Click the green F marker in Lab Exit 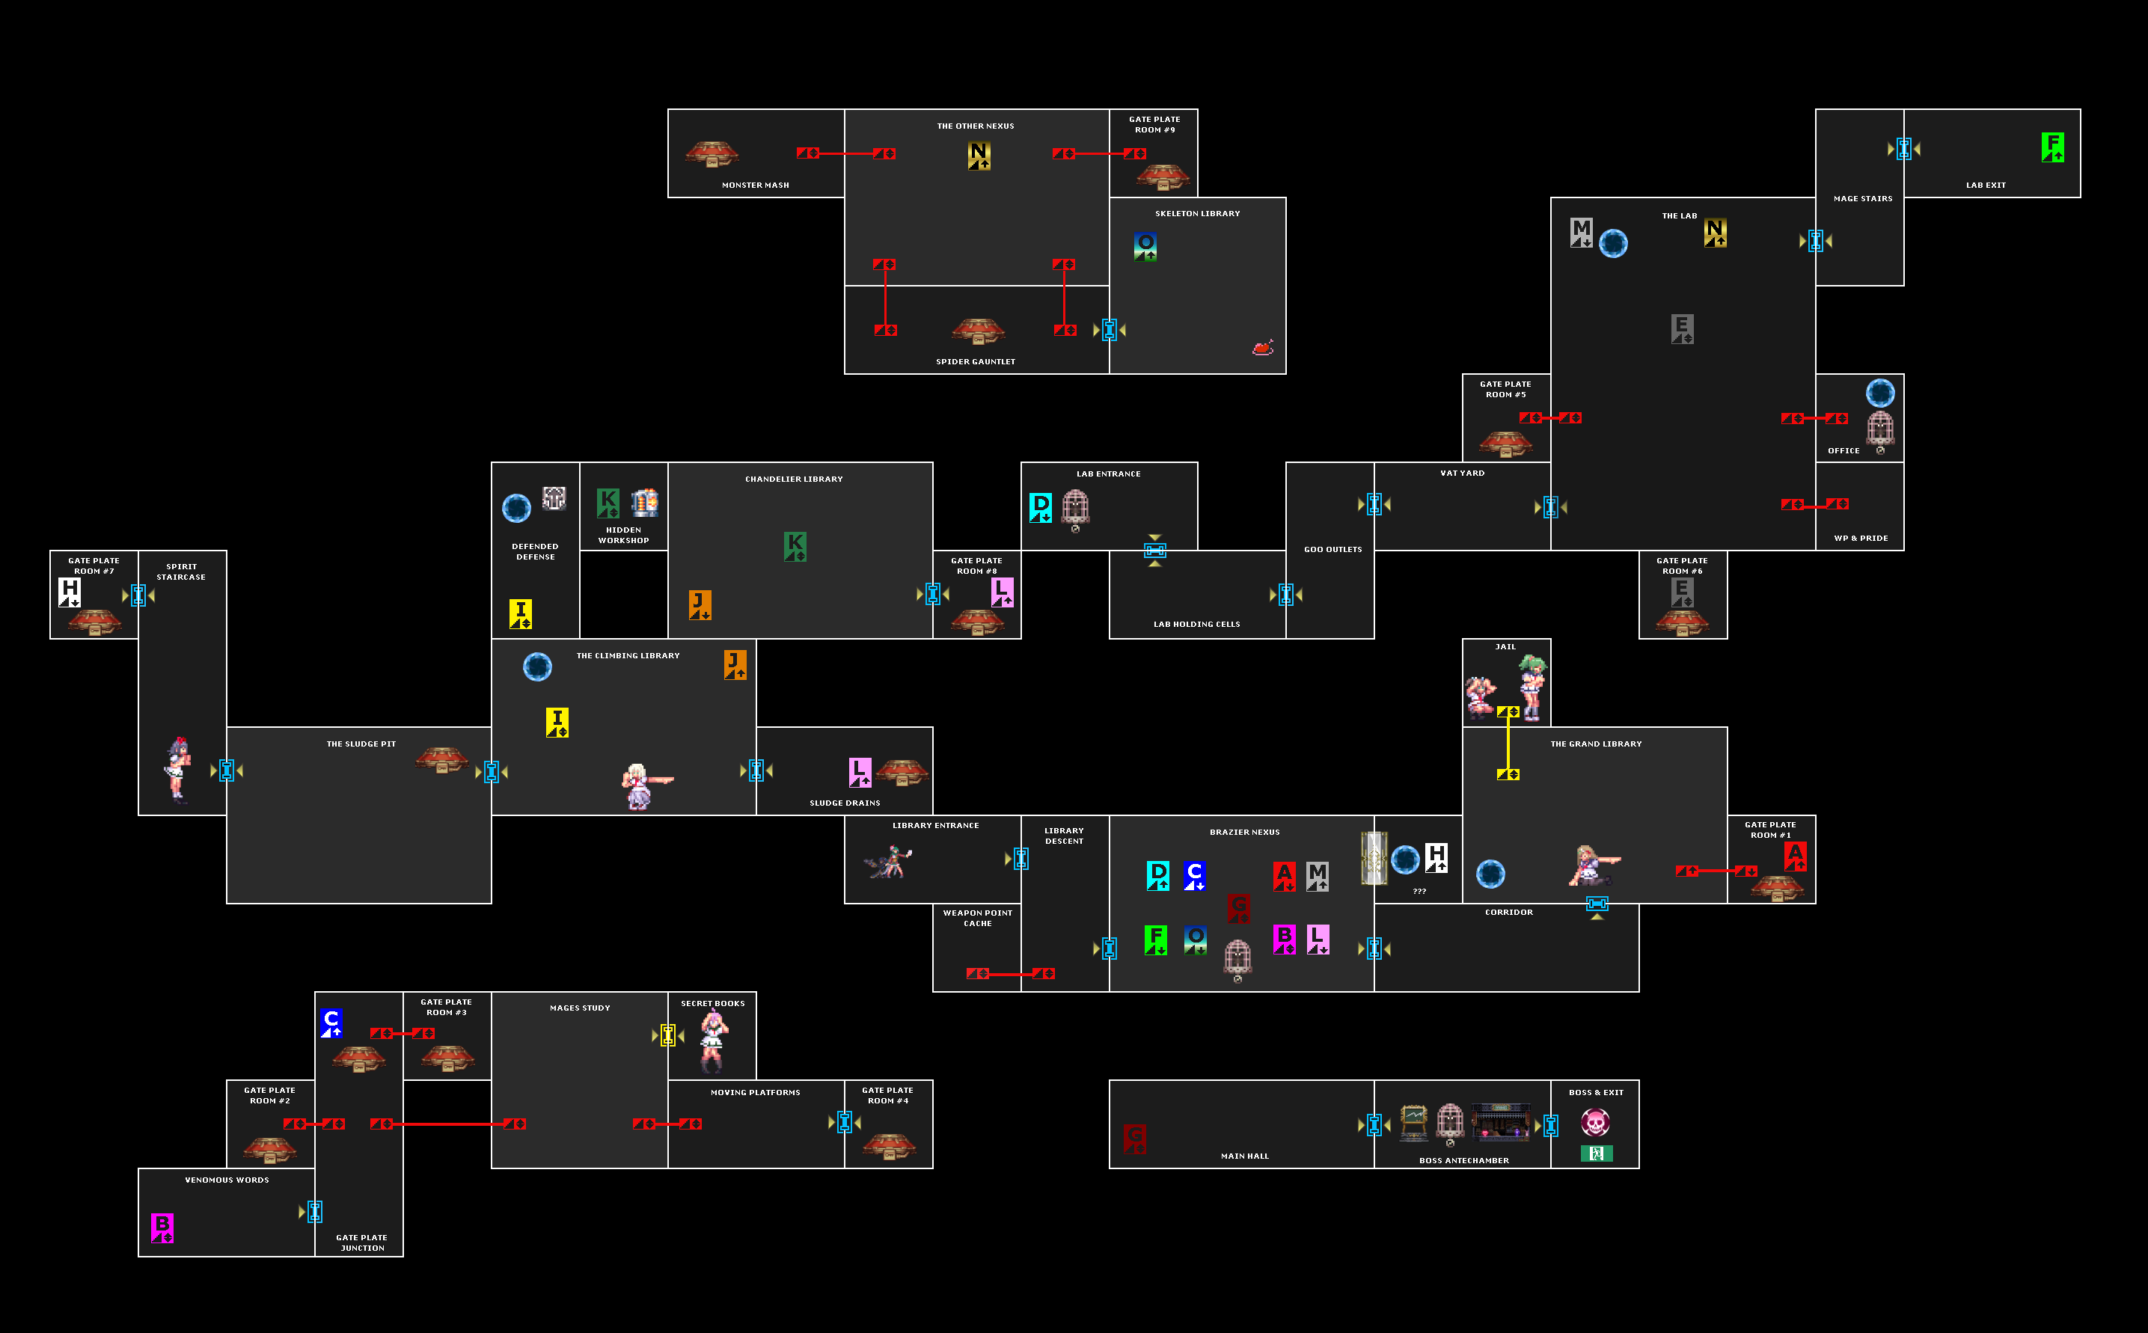pyautogui.click(x=2052, y=147)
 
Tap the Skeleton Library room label pyautogui.click(x=1196, y=213)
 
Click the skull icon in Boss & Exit pyautogui.click(x=1595, y=1122)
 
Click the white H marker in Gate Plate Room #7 pyautogui.click(x=70, y=592)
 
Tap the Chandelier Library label pyautogui.click(x=794, y=479)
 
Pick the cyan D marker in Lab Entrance pyautogui.click(x=1041, y=507)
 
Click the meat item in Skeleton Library pyautogui.click(x=1263, y=347)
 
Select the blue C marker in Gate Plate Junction pyautogui.click(x=331, y=1023)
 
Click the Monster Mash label pyautogui.click(x=755, y=186)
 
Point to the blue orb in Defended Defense pyautogui.click(x=517, y=508)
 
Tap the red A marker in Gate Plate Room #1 pyautogui.click(x=1796, y=855)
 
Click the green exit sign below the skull pyautogui.click(x=1596, y=1153)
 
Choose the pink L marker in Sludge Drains pyautogui.click(x=860, y=771)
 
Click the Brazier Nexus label pyautogui.click(x=1244, y=831)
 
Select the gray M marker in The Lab pyautogui.click(x=1581, y=233)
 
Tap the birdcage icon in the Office pyautogui.click(x=1880, y=429)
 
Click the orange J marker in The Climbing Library pyautogui.click(x=735, y=664)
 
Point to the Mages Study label pyautogui.click(x=579, y=1008)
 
